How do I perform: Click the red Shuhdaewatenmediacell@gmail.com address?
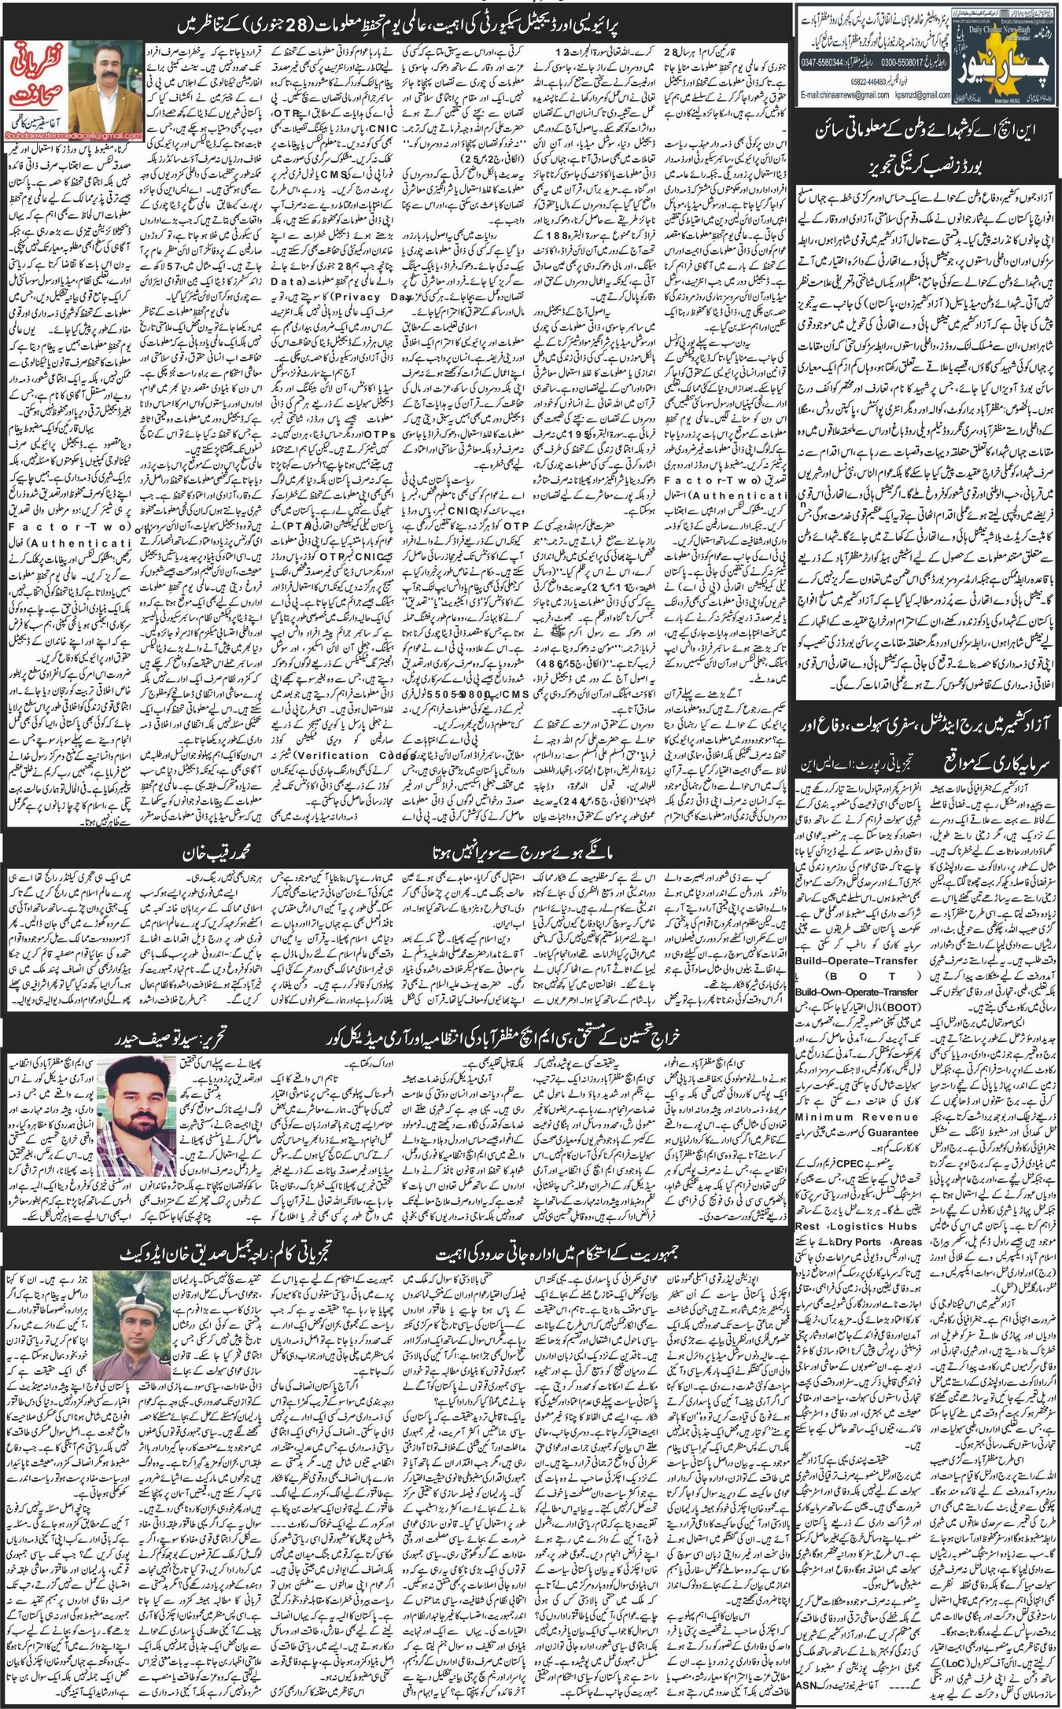coord(76,136)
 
